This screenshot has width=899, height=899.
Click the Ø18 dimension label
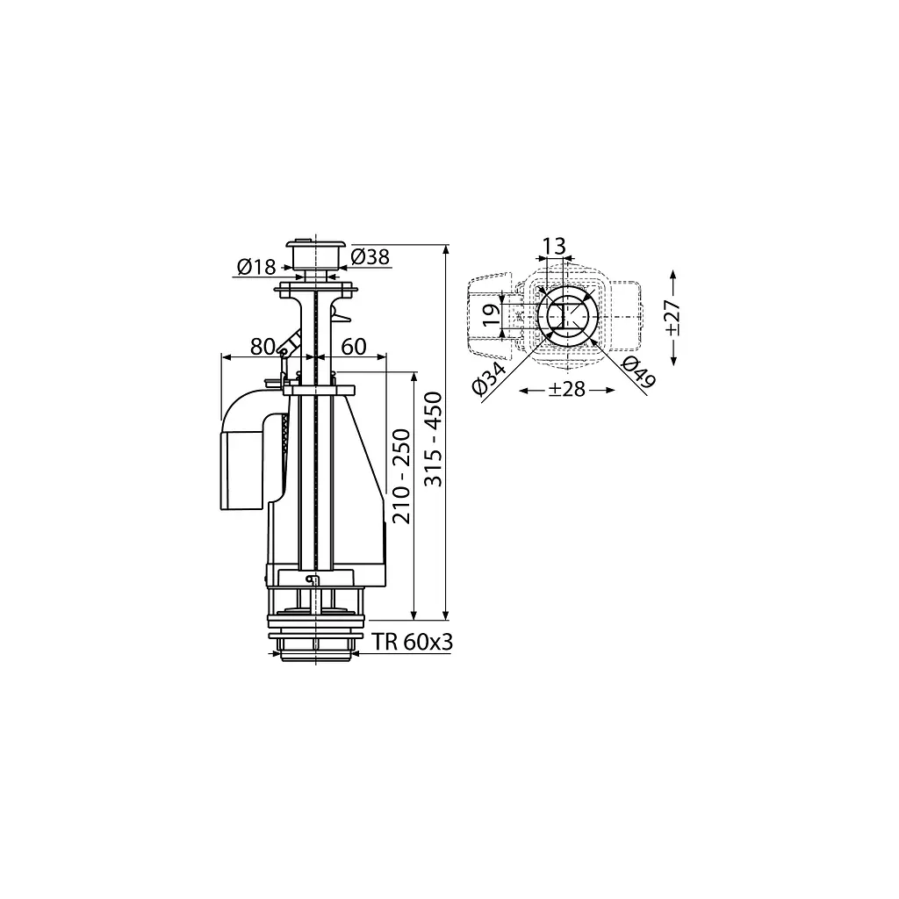(x=256, y=267)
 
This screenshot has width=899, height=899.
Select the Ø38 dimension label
(x=370, y=257)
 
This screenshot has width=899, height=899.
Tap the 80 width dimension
(x=263, y=346)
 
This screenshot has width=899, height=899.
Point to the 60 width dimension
(x=354, y=346)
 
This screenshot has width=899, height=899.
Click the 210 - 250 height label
(x=402, y=477)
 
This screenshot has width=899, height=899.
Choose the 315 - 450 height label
(x=434, y=439)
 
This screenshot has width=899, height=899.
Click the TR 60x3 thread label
(x=413, y=642)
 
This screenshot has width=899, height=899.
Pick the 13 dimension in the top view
(x=555, y=246)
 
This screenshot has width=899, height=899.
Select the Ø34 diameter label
(x=489, y=378)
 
